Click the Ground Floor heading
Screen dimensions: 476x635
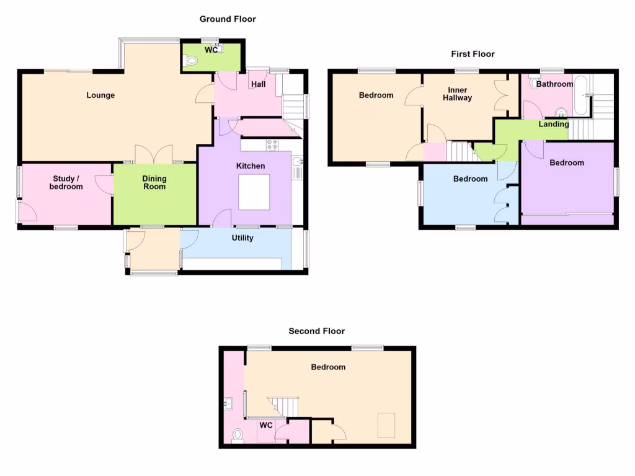228,19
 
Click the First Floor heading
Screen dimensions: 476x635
473,54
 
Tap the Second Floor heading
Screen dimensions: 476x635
316,331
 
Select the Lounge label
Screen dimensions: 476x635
100,95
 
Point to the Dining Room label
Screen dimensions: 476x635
154,182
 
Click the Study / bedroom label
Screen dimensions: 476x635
66,182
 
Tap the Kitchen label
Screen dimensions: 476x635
251,165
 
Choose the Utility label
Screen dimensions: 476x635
242,237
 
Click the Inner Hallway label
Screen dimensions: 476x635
457,94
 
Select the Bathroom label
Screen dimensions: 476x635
554,84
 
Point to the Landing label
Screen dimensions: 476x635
553,124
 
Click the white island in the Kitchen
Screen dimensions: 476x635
254,192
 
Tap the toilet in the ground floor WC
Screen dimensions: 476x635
190,61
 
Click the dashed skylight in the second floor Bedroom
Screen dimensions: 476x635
387,425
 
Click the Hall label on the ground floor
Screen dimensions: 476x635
259,84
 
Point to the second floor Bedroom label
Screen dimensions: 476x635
328,367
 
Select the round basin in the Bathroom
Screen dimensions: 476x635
561,113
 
